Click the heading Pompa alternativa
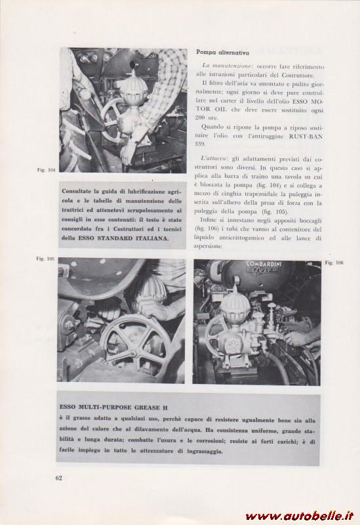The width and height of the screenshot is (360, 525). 222,52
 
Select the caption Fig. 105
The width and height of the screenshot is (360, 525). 45,259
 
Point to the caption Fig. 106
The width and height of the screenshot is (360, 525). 334,263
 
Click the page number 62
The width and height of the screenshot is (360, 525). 59,478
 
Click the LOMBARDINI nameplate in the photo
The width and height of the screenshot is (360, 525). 264,264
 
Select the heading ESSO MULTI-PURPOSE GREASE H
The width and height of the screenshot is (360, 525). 113,408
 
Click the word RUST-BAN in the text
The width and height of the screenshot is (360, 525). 306,136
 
